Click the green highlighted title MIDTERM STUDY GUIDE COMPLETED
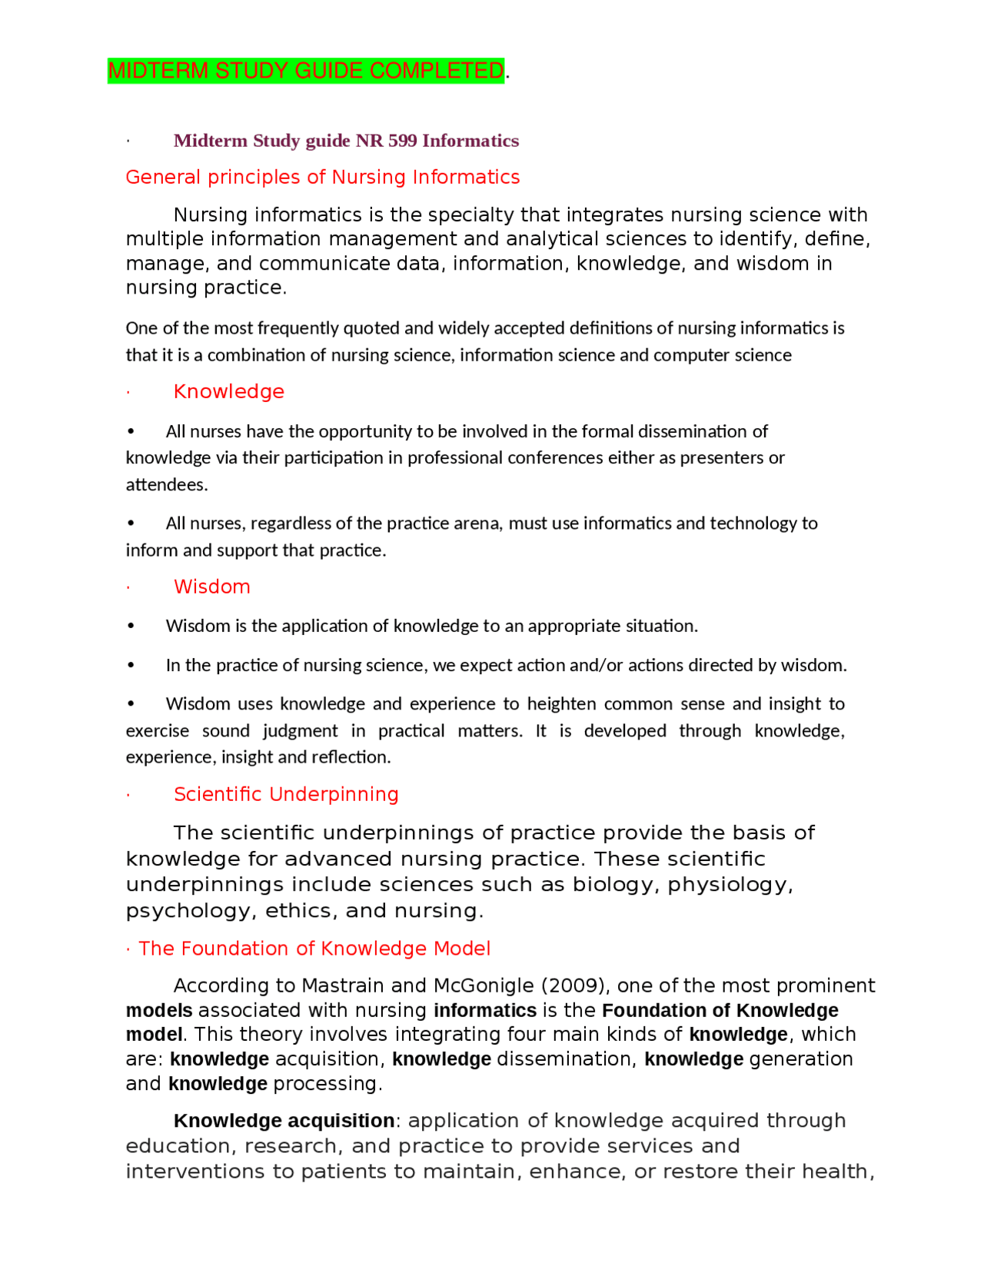305,71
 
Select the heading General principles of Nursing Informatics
322,178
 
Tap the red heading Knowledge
228,392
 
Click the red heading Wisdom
211,587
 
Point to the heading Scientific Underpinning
286,795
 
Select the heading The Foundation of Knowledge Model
314,949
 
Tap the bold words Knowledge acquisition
284,1121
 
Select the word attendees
166,485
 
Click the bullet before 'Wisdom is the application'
131,627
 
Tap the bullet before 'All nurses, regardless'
131,523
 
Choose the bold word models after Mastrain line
158,1011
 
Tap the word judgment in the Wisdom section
300,731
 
